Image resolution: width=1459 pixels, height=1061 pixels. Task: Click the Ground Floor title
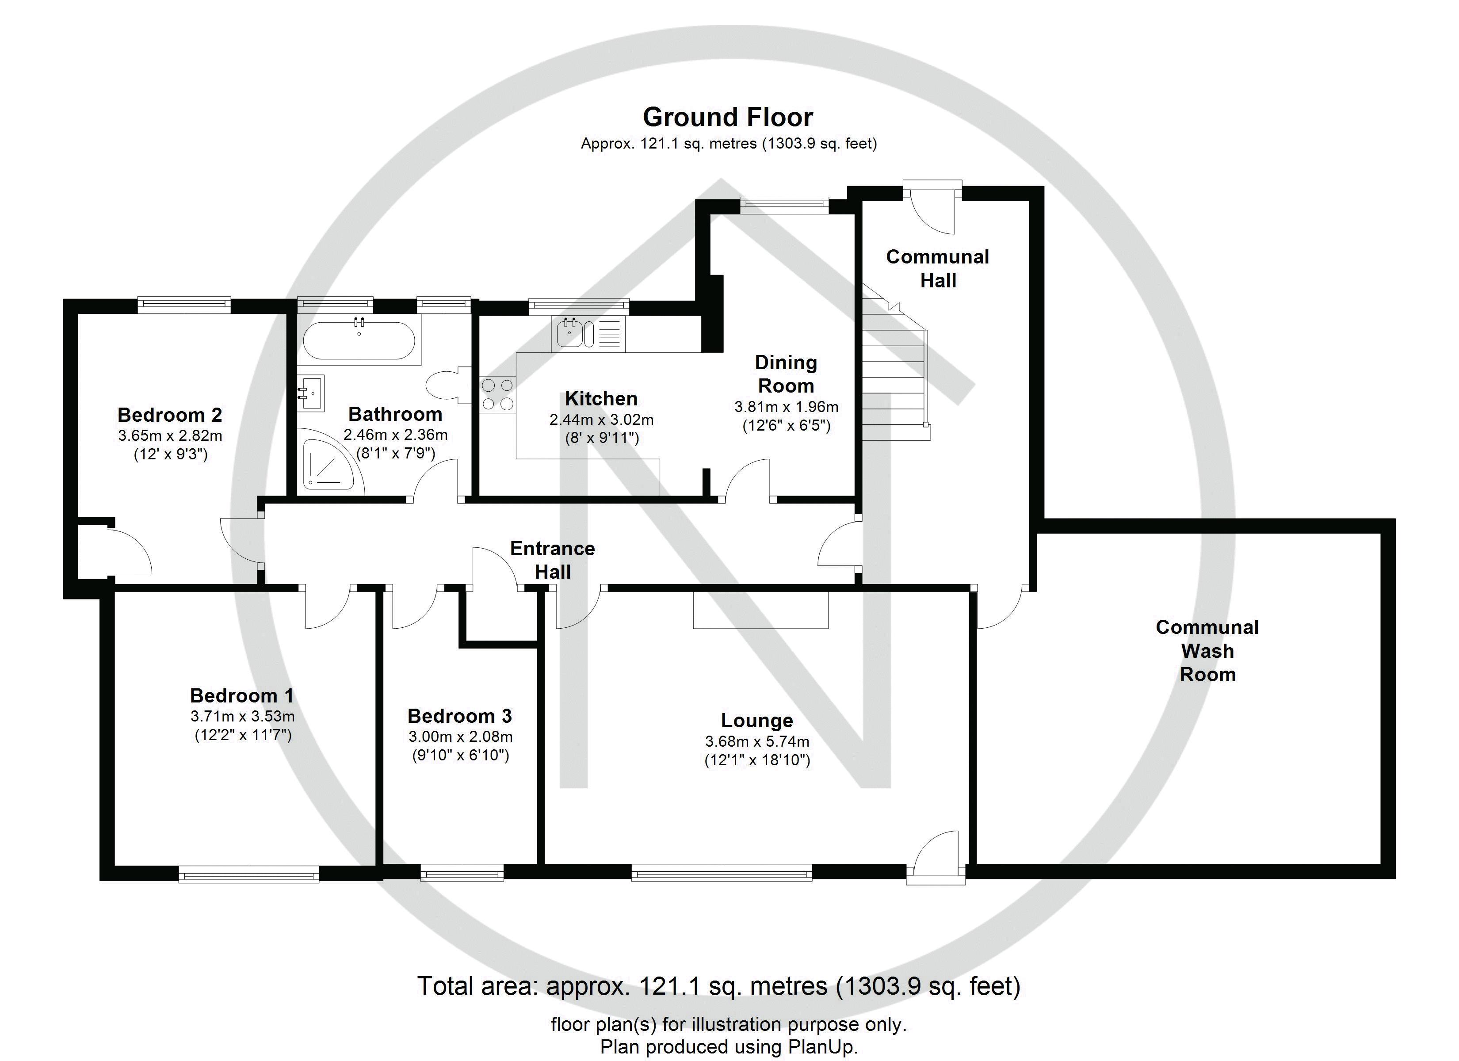[x=728, y=117]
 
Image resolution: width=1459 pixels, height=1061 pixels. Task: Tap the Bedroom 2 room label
[x=170, y=414]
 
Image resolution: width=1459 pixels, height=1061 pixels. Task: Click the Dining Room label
[x=786, y=374]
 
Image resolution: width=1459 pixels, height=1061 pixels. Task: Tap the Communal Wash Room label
[x=1207, y=650]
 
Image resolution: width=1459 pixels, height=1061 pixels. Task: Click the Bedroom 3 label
[x=459, y=715]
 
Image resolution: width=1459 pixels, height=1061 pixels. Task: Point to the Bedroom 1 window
[x=248, y=873]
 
